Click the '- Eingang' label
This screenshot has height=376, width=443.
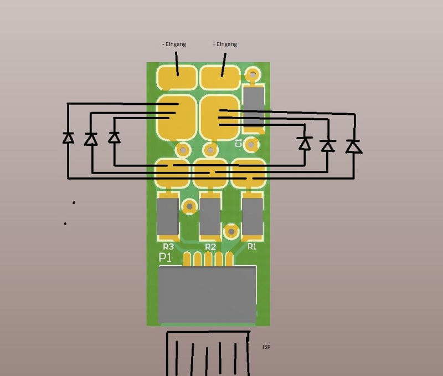click(x=174, y=44)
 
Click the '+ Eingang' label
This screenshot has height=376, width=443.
click(x=224, y=44)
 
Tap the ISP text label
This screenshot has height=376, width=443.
click(x=267, y=347)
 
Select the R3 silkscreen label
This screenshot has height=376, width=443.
click(x=168, y=246)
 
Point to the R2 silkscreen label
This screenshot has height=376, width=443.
click(x=210, y=246)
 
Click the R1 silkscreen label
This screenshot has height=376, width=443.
click(x=252, y=246)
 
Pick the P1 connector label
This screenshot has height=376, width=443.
click(x=166, y=258)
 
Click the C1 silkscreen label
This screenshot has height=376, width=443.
click(x=239, y=143)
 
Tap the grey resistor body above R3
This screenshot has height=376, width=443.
click(x=167, y=216)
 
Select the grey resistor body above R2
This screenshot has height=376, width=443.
click(x=210, y=216)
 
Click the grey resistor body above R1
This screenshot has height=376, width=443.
click(x=253, y=216)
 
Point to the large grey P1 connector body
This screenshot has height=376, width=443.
click(x=208, y=294)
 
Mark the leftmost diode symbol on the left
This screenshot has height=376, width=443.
click(x=68, y=138)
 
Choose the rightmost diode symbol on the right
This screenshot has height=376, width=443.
click(x=353, y=146)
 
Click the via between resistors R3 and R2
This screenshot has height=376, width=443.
click(x=189, y=206)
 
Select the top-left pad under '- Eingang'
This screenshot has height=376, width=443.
click(x=176, y=78)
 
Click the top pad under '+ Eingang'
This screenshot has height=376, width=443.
click(x=220, y=77)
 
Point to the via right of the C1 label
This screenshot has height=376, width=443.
click(x=251, y=145)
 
